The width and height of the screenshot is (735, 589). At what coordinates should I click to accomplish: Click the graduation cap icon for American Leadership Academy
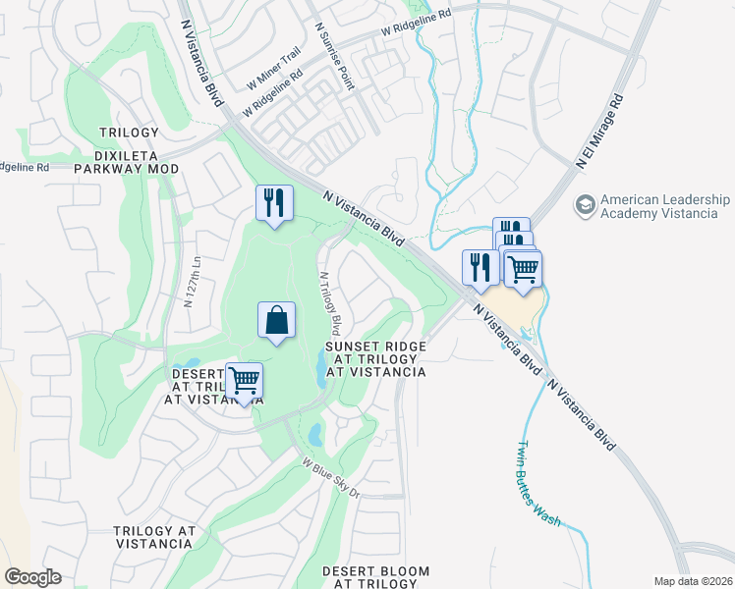point(586,207)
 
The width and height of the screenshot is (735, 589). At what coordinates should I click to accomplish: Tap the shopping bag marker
point(277,320)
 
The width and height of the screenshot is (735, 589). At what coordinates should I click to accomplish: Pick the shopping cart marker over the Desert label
point(244,381)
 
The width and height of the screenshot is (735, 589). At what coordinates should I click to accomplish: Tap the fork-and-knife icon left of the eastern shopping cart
point(480,267)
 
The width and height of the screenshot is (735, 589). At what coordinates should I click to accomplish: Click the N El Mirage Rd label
point(601,132)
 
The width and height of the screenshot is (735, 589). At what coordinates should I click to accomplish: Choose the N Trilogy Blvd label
point(329,300)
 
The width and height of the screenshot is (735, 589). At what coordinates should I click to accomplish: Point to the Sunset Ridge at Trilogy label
point(375,359)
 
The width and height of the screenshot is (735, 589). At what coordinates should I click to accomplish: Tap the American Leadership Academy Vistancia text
point(665,206)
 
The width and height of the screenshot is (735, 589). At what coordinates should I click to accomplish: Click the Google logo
point(32,577)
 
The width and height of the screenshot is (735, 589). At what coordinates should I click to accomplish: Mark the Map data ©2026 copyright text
point(692,581)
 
